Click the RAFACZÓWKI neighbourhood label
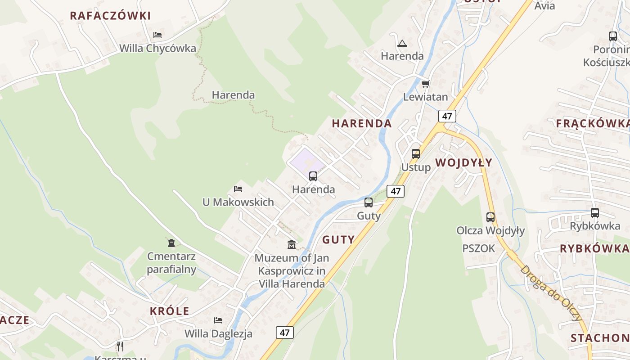point(110,16)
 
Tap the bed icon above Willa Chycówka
point(157,35)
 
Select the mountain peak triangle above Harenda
point(402,43)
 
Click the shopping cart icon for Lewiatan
point(425,84)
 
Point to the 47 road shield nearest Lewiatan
point(447,116)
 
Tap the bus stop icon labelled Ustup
point(416,154)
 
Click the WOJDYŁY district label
point(463,162)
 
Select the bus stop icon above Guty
point(369,202)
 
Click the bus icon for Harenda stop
point(313,176)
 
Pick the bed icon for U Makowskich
point(238,189)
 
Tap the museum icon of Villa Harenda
point(292,245)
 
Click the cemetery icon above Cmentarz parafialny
point(171,243)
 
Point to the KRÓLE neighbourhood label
point(170,311)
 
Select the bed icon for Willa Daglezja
point(218,320)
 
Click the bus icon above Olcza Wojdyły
point(490,217)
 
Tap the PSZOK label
point(478,248)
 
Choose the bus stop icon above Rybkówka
point(595,213)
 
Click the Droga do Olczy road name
point(551,292)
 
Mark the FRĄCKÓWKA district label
point(592,123)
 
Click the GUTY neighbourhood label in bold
point(338,239)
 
